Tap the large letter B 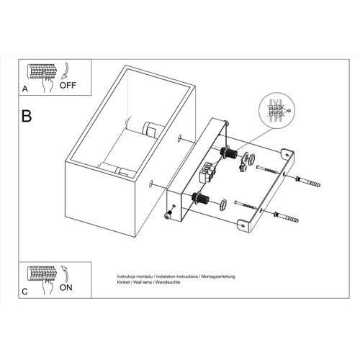coord(27,115)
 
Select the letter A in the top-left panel coord(24,90)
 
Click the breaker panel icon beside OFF coord(41,73)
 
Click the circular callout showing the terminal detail coord(274,113)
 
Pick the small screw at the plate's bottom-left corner coord(170,214)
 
